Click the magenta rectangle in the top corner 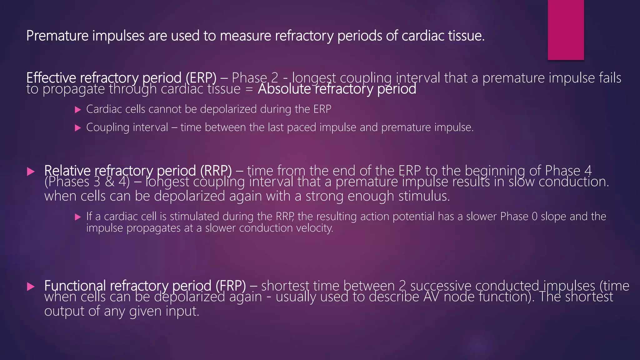[x=566, y=30]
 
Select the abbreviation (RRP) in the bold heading [x=216, y=171]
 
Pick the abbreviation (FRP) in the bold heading [x=230, y=286]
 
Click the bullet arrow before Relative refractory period [x=31, y=171]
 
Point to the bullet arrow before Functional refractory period [x=31, y=286]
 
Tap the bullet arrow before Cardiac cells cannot [x=78, y=110]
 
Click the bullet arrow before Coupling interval [x=78, y=128]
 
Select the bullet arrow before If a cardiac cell [x=78, y=217]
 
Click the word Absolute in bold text [x=284, y=89]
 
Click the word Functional [x=75, y=286]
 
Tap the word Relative [x=67, y=171]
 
